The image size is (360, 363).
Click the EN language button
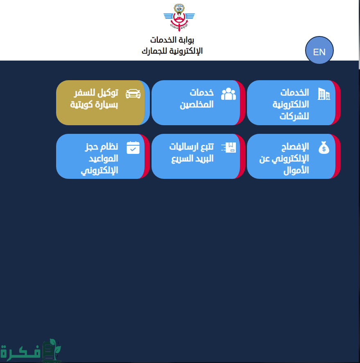click(319, 50)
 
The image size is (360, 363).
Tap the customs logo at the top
click(179, 18)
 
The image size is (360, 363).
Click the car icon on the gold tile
click(133, 94)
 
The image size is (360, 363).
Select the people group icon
click(229, 94)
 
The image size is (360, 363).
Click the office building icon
click(324, 94)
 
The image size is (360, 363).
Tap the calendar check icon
click(133, 147)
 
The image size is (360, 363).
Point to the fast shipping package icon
click(229, 147)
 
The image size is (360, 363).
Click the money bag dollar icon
click(324, 147)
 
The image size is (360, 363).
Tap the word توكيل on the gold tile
click(108, 92)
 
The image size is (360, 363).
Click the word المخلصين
click(197, 105)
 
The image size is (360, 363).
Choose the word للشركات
click(294, 116)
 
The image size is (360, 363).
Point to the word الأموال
click(296, 171)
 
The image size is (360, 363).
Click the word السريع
click(181, 159)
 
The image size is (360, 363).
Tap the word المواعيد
click(103, 158)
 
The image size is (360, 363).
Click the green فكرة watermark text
click(20, 352)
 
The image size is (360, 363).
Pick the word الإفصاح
click(295, 147)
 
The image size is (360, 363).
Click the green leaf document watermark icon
click(51, 350)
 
